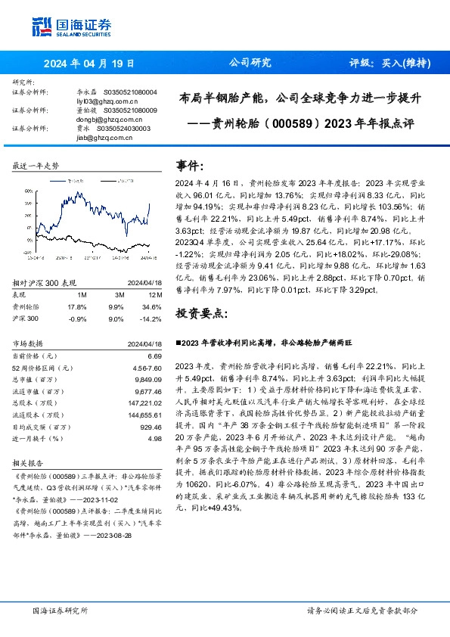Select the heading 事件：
(x=190, y=165)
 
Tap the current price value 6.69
(x=154, y=355)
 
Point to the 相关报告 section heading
(x=28, y=460)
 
